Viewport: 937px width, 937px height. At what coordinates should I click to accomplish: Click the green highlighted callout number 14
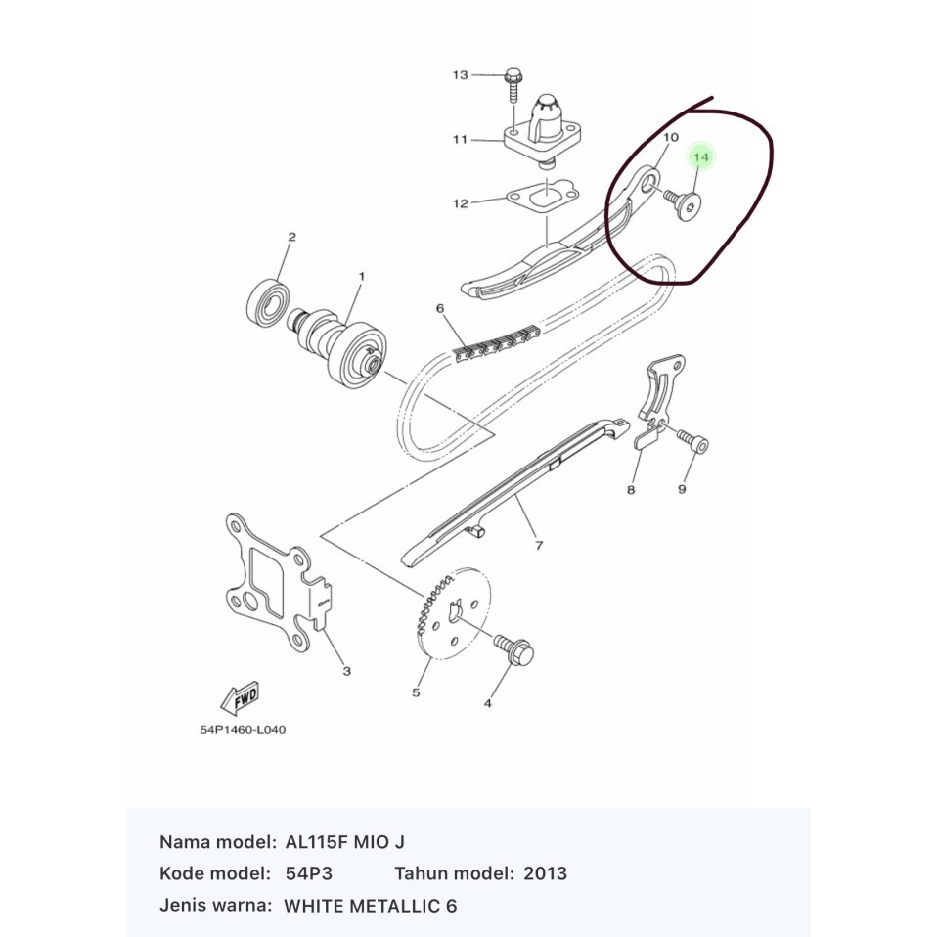[x=701, y=157]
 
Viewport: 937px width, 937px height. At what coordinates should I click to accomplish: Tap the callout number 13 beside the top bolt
[x=460, y=75]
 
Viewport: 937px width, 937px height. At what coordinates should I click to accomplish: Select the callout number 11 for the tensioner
[x=460, y=140]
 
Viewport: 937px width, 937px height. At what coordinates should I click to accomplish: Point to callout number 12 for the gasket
[x=460, y=203]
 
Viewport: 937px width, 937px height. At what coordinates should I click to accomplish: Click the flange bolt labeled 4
[x=515, y=649]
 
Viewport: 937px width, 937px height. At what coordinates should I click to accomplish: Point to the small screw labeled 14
[x=683, y=203]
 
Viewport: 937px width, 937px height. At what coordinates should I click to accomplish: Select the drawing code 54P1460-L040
[x=243, y=730]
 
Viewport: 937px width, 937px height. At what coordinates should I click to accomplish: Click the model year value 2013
[x=545, y=873]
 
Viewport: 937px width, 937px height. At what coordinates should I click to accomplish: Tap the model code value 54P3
[x=309, y=873]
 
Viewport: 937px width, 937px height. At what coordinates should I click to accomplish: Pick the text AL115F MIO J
[x=345, y=842]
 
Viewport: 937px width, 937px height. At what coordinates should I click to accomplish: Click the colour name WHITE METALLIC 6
[x=371, y=906]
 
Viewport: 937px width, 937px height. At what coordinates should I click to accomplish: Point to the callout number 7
[x=539, y=546]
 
